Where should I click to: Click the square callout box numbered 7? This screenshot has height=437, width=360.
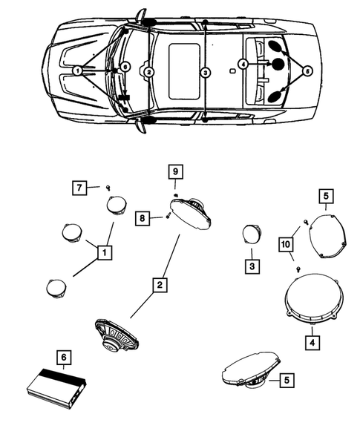click(x=79, y=188)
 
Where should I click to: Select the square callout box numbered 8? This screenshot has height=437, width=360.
click(x=143, y=218)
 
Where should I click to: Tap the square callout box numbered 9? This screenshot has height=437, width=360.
click(x=175, y=171)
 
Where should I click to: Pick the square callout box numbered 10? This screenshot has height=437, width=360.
click(x=286, y=245)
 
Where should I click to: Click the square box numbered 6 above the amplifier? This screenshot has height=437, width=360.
click(x=64, y=358)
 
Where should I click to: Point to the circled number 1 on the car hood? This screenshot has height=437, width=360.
click(x=78, y=70)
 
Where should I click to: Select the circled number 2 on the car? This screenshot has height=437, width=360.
click(x=149, y=73)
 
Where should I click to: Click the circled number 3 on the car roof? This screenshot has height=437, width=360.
click(x=205, y=73)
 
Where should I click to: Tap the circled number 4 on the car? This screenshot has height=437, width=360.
click(x=243, y=65)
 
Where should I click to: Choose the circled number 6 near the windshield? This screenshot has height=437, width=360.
click(x=125, y=67)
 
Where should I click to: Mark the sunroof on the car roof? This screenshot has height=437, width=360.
click(x=184, y=71)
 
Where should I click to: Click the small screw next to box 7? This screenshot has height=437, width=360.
click(x=108, y=188)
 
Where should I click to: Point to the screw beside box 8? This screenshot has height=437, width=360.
click(x=168, y=215)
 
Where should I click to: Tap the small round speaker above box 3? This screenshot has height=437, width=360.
click(x=252, y=234)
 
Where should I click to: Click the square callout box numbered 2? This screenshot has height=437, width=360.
click(x=160, y=285)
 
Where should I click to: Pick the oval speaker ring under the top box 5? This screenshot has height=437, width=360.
click(x=328, y=236)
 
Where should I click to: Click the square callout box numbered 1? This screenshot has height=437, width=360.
click(x=105, y=253)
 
